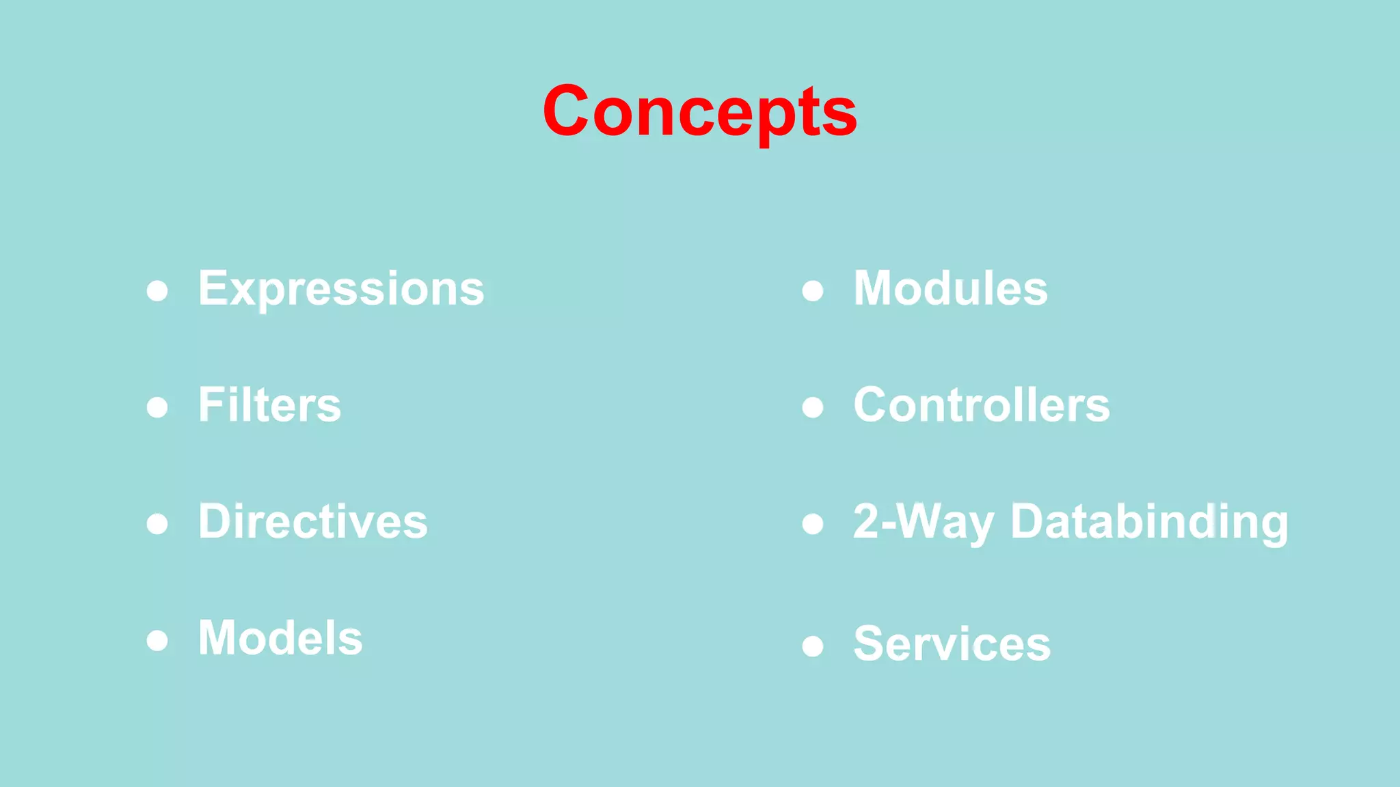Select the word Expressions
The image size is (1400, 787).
pyautogui.click(x=341, y=288)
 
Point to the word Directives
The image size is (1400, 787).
pyautogui.click(x=312, y=521)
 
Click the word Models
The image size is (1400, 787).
pyautogui.click(x=280, y=638)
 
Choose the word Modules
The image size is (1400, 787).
pyautogui.click(x=950, y=288)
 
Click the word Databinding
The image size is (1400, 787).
pyautogui.click(x=1149, y=522)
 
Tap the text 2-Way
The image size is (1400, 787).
pyautogui.click(x=923, y=522)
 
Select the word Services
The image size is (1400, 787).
pyautogui.click(x=952, y=644)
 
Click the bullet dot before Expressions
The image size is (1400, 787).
pyautogui.click(x=157, y=291)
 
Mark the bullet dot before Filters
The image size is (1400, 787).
pyautogui.click(x=157, y=408)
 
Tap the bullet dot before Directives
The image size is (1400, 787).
pyautogui.click(x=157, y=524)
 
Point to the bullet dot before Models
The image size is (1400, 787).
pyautogui.click(x=157, y=641)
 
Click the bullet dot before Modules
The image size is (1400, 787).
pyautogui.click(x=812, y=291)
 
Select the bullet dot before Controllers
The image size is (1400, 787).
pyautogui.click(x=812, y=408)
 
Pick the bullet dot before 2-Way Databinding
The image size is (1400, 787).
pyautogui.click(x=812, y=524)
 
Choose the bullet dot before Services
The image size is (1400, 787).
pyautogui.click(x=812, y=646)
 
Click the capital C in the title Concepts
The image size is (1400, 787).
pyautogui.click(x=566, y=111)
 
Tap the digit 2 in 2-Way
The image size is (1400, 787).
pyautogui.click(x=867, y=521)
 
